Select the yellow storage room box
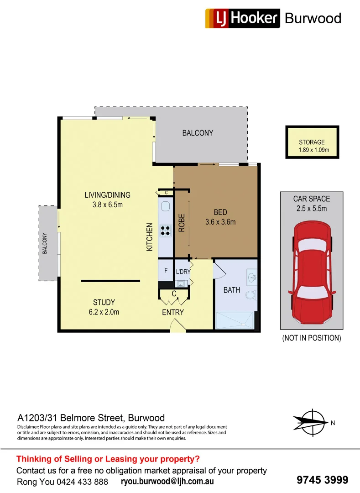[x=312, y=142]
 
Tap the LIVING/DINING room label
[x=107, y=199]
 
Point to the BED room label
[x=220, y=217]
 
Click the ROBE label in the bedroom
[x=181, y=223]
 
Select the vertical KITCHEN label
[x=149, y=237]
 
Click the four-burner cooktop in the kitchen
[x=165, y=231]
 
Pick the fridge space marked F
[x=165, y=271]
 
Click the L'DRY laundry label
[x=183, y=272]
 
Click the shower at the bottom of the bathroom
[x=236, y=320]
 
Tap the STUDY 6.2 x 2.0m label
[x=104, y=307]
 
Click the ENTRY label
[x=173, y=313]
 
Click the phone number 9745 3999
[x=322, y=480]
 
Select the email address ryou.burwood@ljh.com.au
[x=167, y=481]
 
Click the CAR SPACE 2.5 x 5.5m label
[x=312, y=204]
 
